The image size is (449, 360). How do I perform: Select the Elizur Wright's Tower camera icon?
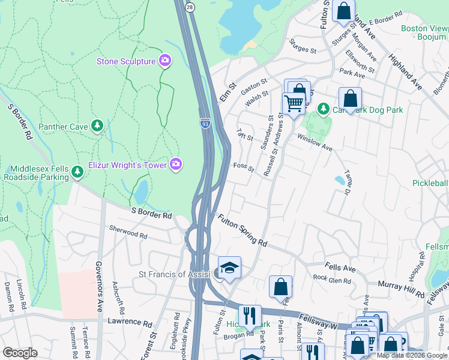[176, 164]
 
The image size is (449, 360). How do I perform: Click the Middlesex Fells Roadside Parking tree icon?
[77, 172]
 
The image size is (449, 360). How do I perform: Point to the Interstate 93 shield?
[205, 124]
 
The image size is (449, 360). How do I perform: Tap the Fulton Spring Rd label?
[242, 231]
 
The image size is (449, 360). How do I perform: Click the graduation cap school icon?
[229, 268]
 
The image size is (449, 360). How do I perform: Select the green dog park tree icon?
[324, 109]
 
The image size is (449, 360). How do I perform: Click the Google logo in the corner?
[20, 352]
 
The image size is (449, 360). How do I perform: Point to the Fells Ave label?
[340, 266]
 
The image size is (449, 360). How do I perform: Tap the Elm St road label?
[225, 94]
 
